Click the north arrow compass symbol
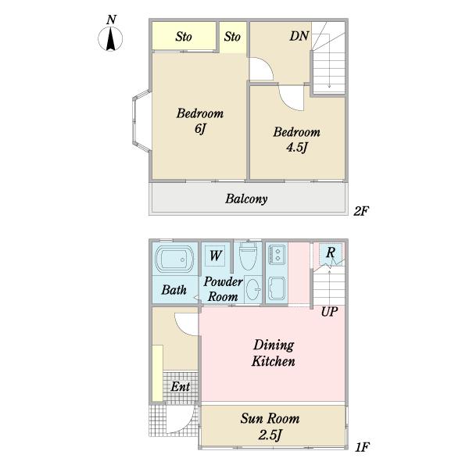110,38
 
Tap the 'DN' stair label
299,36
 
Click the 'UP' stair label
329,312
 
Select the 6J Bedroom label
200,121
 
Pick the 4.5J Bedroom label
296,139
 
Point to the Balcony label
246,199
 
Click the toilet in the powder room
249,256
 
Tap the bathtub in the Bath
175,259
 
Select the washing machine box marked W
216,256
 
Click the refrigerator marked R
330,253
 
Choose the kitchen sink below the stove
277,288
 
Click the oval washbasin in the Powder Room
253,289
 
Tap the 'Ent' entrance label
180,387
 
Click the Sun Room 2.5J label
270,426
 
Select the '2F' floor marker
361,212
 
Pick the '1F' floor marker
362,447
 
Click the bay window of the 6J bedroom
141,121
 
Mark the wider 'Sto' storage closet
184,36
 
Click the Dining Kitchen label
273,353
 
